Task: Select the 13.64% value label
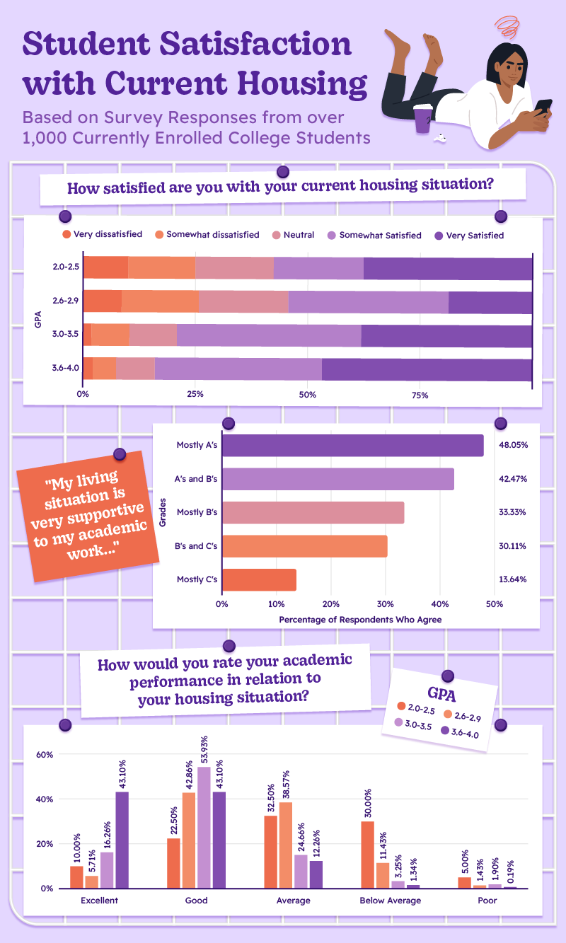click(512, 580)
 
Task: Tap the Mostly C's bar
click(259, 580)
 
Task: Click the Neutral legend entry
click(294, 235)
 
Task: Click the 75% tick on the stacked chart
click(420, 395)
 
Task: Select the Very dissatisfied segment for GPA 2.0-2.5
click(105, 269)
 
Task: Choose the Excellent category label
click(99, 901)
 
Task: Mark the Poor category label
click(487, 901)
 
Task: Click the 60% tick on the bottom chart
click(45, 755)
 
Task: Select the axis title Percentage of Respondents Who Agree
click(360, 620)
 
